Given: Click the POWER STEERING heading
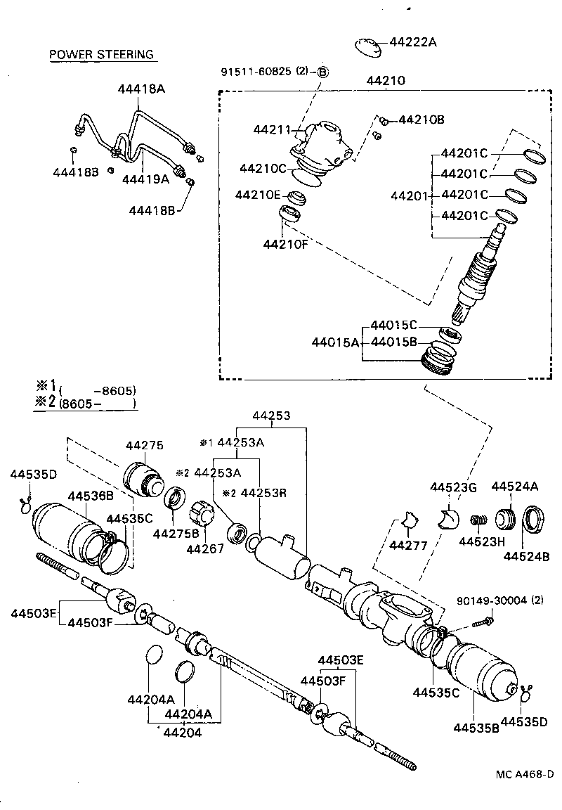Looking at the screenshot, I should pyautogui.click(x=101, y=55).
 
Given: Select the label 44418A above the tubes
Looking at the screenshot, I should pyautogui.click(x=141, y=89).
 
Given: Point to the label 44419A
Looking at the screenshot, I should pyautogui.click(x=145, y=179).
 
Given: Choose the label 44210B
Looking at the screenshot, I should pyautogui.click(x=421, y=120).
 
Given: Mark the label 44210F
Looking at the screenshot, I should pyautogui.click(x=286, y=244).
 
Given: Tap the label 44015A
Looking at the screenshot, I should pyautogui.click(x=335, y=342).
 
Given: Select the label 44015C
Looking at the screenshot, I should pyautogui.click(x=394, y=325).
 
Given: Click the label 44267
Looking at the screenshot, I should pyautogui.click(x=204, y=548).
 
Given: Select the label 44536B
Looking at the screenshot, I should pyautogui.click(x=91, y=495).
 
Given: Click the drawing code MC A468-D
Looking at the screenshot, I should pyautogui.click(x=523, y=774).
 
